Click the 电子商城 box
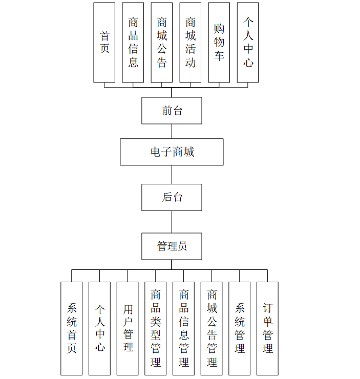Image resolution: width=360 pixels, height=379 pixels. point(172,152)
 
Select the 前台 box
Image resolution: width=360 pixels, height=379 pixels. point(172,111)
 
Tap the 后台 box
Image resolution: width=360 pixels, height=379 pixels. point(172,197)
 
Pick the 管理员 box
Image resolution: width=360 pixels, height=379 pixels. point(172,246)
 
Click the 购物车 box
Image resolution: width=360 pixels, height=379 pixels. point(219,43)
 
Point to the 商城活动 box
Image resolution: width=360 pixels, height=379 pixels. point(190,43)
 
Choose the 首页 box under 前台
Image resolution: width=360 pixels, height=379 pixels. point(104,43)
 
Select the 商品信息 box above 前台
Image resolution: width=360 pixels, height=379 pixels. point(133,43)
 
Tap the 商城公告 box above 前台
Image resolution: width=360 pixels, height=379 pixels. point(162,43)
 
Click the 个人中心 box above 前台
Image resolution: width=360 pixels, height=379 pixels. point(248,43)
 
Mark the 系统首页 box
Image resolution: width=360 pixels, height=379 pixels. point(72,328)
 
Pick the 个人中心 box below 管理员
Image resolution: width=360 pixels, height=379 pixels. point(100,328)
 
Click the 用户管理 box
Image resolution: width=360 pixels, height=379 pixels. point(128,328)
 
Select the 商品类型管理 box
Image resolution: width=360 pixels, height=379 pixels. point(156,328)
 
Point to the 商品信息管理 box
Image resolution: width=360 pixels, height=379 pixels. point(184,328)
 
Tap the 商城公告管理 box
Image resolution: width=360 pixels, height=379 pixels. point(212,328)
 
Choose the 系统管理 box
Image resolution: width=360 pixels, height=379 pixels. point(240,328)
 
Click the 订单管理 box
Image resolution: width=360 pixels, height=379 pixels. point(268,328)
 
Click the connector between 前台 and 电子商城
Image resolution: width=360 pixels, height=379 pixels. point(172,131)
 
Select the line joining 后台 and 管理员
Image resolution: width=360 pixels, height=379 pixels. point(172,222)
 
